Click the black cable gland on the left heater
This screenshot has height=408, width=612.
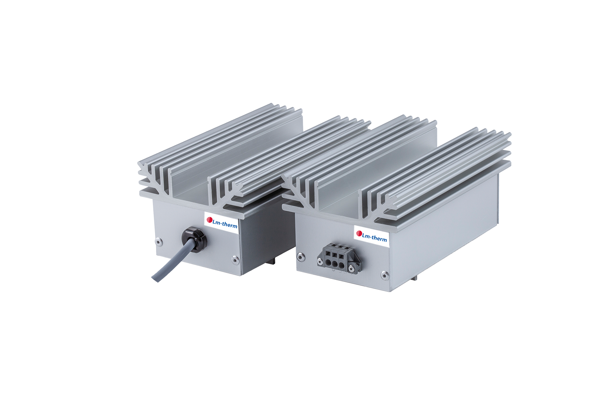click(x=194, y=239)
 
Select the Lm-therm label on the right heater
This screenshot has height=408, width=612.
click(x=371, y=235)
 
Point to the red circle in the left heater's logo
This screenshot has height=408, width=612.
click(x=210, y=220)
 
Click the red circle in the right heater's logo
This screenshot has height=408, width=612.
click(x=359, y=233)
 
